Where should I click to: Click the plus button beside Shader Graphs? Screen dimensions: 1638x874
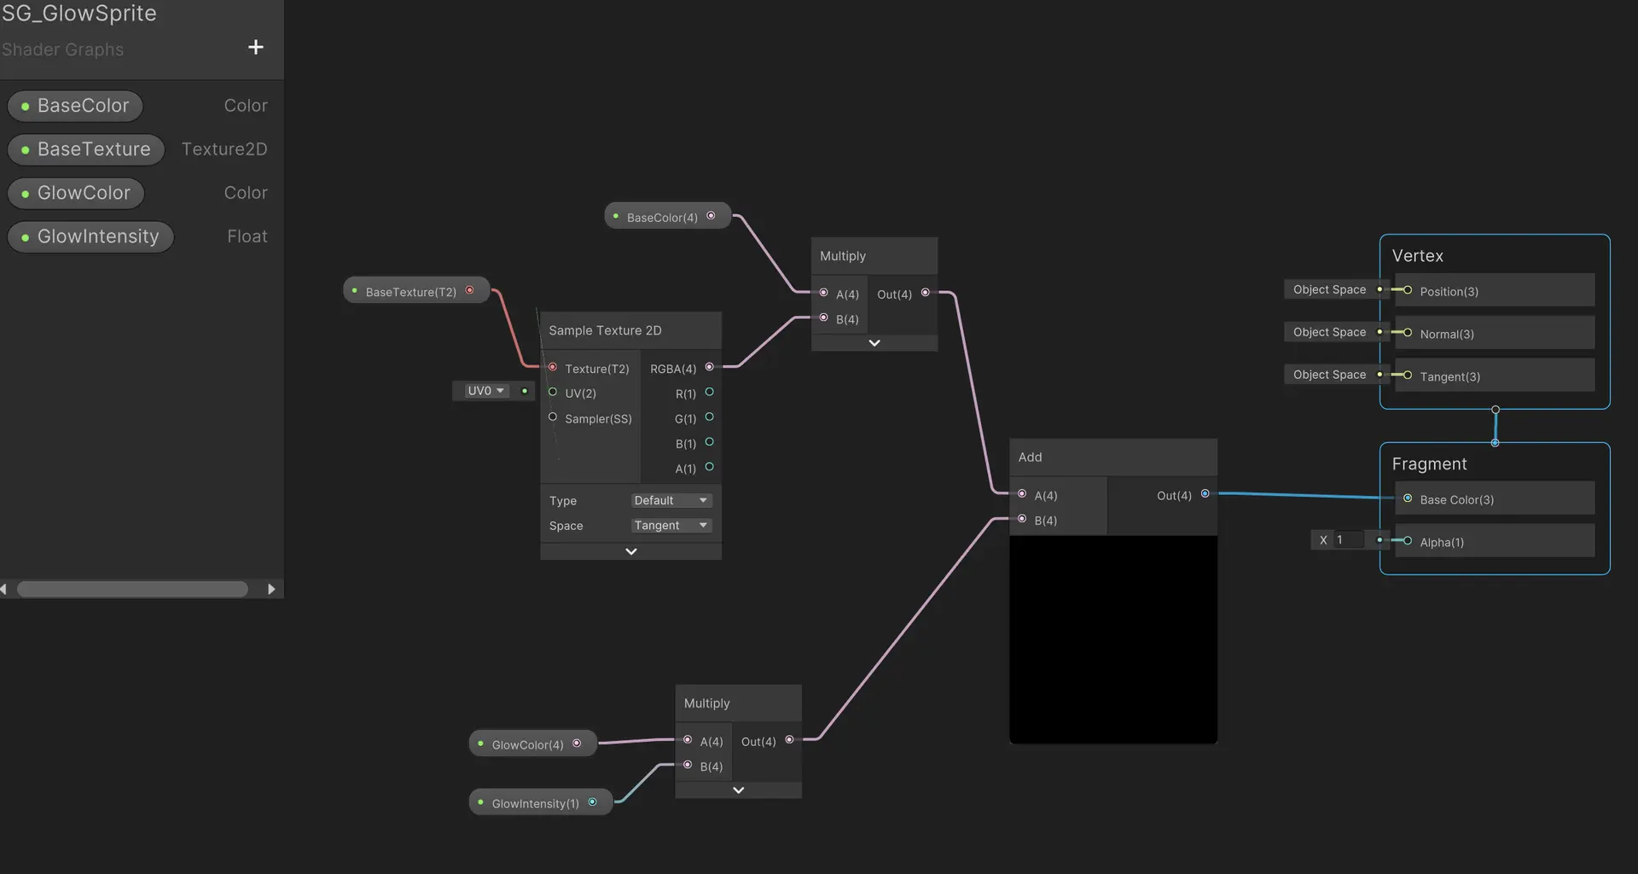coord(255,47)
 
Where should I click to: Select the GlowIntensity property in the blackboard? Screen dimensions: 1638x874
coord(90,236)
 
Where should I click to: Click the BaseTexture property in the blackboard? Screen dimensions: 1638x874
coord(86,149)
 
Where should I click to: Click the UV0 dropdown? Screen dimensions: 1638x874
coord(485,391)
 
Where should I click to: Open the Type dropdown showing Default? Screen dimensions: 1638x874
coord(671,500)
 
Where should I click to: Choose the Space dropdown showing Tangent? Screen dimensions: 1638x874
coord(671,525)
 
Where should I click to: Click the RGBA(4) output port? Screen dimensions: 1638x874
coord(709,367)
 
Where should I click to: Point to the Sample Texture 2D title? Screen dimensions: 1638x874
coord(605,330)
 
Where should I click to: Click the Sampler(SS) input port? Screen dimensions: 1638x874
coord(553,417)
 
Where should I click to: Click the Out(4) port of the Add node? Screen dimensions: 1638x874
coord(1205,493)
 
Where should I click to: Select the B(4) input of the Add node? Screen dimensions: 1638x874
coord(1022,519)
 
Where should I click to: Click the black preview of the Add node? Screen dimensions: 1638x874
coord(1113,639)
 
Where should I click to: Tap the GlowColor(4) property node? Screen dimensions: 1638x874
coord(532,743)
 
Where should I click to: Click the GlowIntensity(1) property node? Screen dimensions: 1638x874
coord(540,802)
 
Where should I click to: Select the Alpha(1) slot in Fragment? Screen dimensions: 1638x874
coord(1495,541)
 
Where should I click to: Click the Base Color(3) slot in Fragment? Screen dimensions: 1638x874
coord(1495,498)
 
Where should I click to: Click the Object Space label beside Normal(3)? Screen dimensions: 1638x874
coord(1329,332)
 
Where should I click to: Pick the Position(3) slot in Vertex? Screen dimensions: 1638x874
coord(1495,290)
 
